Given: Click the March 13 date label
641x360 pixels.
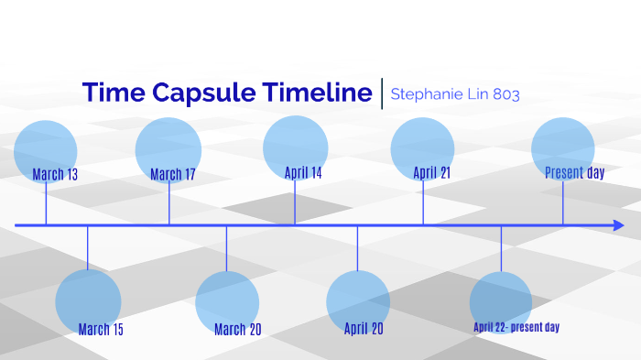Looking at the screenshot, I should click(x=55, y=174).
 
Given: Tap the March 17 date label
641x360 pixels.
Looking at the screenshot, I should click(x=173, y=174).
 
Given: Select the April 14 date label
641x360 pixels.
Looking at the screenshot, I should click(x=303, y=172).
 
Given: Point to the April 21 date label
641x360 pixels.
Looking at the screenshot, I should click(x=431, y=172).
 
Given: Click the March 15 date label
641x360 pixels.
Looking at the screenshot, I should click(x=101, y=330).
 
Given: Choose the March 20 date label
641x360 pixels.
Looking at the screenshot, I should click(x=237, y=330).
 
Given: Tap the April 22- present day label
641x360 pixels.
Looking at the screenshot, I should click(x=516, y=327).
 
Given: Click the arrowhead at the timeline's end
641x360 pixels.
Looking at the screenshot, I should click(x=619, y=225).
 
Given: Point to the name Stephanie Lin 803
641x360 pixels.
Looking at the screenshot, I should click(x=455, y=93).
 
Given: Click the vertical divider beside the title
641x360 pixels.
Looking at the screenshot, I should click(x=382, y=93).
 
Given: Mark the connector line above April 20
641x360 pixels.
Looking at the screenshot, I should click(x=357, y=249).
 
